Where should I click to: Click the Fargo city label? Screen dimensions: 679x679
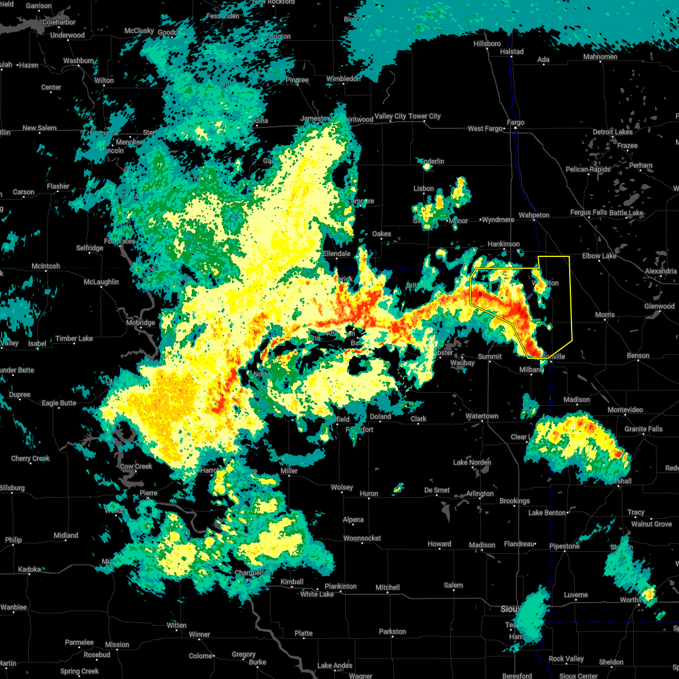[x=515, y=123]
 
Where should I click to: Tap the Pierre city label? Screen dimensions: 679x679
[x=148, y=493]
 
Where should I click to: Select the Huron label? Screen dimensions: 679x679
[x=369, y=494]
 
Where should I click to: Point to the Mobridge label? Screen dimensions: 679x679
[x=140, y=323]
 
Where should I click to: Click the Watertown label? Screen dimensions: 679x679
[x=482, y=416]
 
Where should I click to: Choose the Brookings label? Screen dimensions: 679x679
[x=514, y=501]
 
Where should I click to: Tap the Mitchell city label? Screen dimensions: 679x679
[x=388, y=588]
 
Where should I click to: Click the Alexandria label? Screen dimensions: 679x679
[x=660, y=272]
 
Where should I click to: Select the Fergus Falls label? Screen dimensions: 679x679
[x=588, y=213]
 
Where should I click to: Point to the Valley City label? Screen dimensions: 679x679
[x=390, y=117]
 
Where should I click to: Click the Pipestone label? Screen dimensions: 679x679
[x=564, y=547]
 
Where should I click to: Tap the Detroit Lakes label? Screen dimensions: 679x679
[x=612, y=132]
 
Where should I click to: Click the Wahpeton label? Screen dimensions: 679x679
[x=534, y=215]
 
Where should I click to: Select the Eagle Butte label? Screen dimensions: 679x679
[x=59, y=403]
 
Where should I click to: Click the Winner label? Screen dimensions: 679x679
[x=199, y=635]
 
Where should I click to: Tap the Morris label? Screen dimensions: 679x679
[x=605, y=315]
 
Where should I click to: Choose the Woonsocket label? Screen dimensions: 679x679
[x=362, y=538]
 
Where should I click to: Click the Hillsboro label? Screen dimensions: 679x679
[x=487, y=44]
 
